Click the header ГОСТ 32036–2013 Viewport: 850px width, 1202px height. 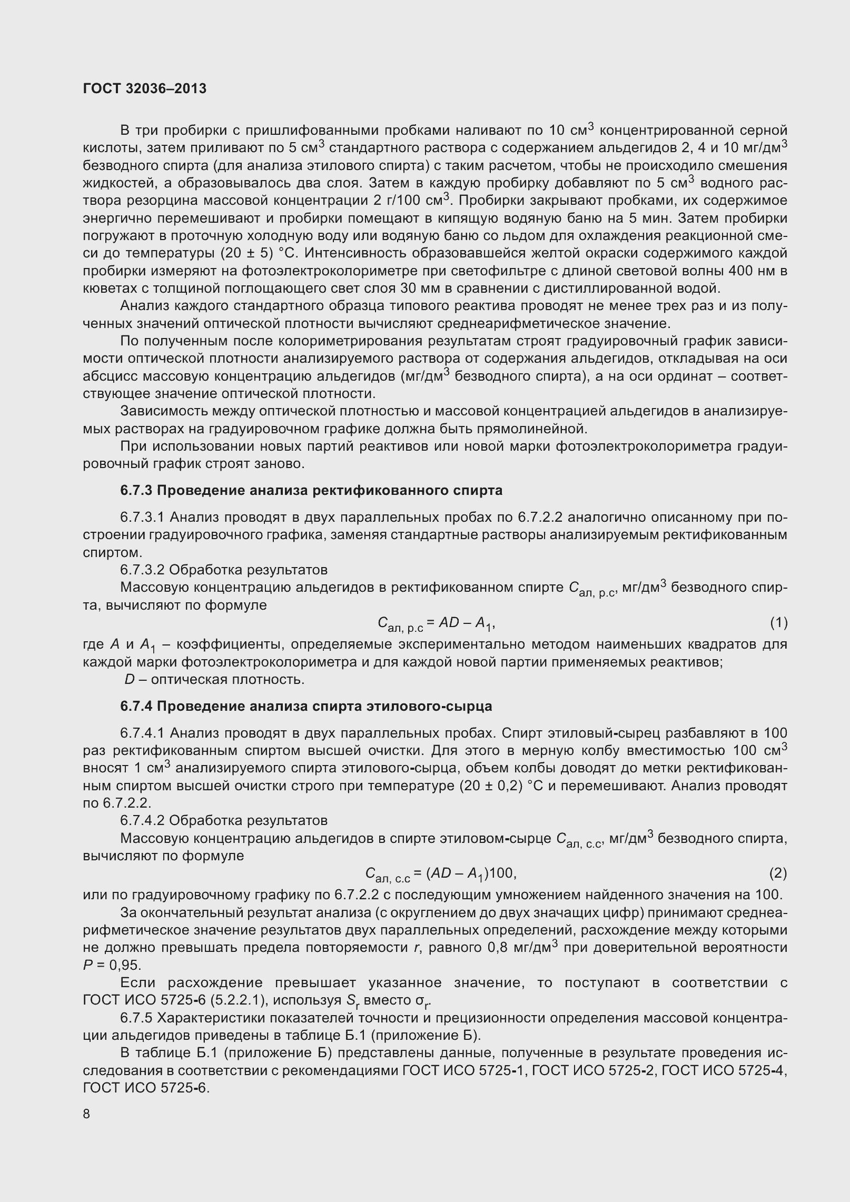pyautogui.click(x=145, y=88)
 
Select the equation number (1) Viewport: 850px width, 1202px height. pyautogui.click(x=778, y=623)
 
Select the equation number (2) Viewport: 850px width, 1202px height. pyautogui.click(x=778, y=873)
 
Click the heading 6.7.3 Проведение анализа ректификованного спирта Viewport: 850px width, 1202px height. pyautogui.click(x=311, y=491)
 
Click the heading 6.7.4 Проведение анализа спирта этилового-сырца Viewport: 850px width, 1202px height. pyautogui.click(x=306, y=706)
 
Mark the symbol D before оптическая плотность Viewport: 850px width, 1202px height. pyautogui.click(x=130, y=680)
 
